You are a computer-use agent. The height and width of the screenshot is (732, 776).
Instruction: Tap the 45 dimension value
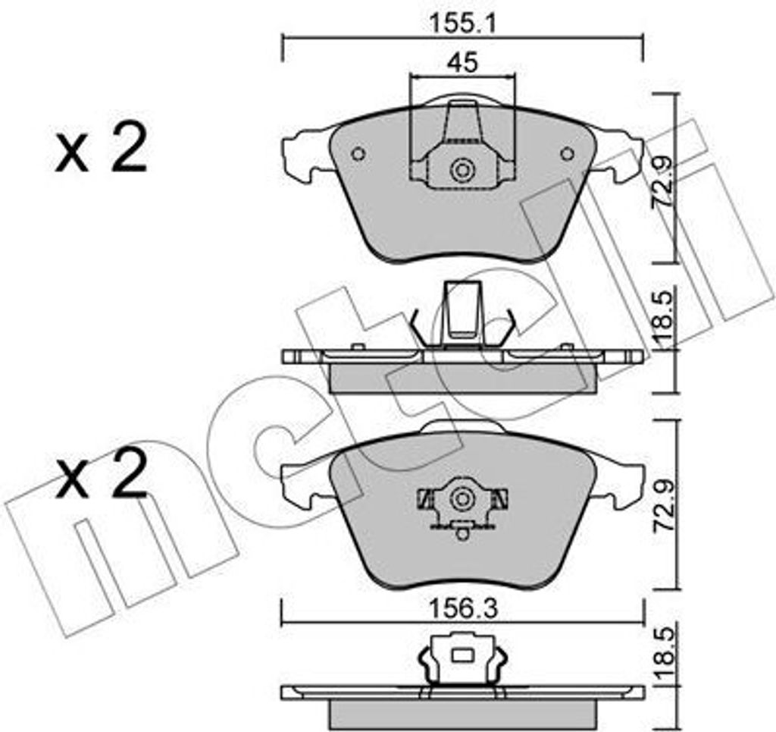click(x=462, y=63)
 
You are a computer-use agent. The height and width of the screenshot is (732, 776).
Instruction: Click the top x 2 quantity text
click(x=101, y=151)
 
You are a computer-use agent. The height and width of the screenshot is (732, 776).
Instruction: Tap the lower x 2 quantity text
click(x=101, y=479)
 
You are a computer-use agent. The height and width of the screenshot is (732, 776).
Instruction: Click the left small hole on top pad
click(x=358, y=154)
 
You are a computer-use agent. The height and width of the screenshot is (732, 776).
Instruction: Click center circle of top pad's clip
click(x=461, y=170)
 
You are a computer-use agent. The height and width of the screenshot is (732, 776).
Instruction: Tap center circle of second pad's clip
click(x=461, y=499)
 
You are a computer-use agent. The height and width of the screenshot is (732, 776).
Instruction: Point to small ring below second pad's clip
click(x=461, y=533)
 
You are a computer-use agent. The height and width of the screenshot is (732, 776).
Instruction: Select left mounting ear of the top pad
click(x=303, y=156)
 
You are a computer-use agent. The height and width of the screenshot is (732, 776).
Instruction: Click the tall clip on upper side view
click(x=462, y=311)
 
